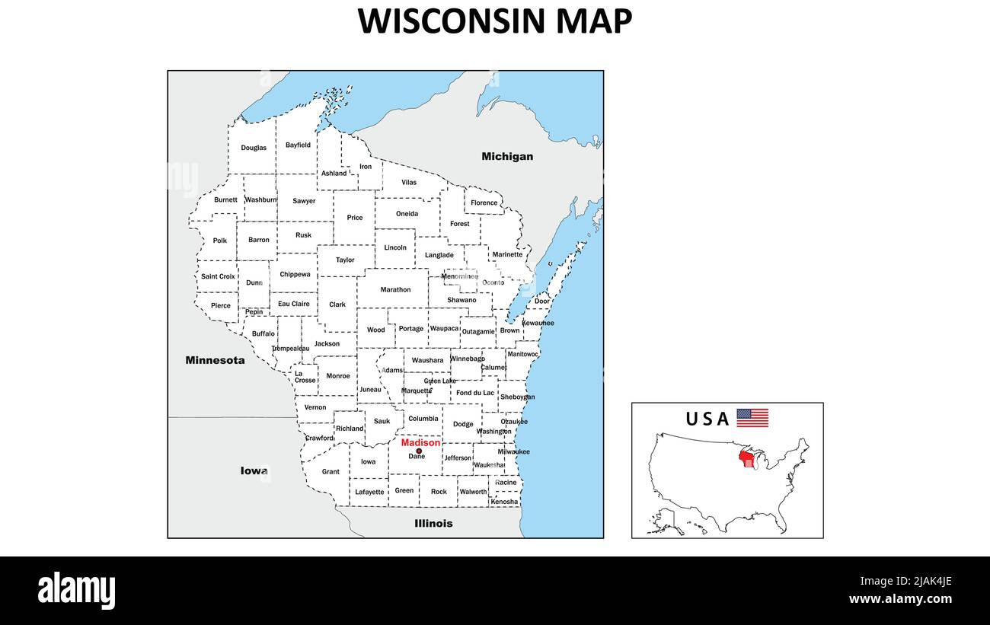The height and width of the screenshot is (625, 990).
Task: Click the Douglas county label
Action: [254, 148]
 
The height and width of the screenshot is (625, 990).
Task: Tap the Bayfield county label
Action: [298, 145]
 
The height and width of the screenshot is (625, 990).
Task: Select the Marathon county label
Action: [395, 289]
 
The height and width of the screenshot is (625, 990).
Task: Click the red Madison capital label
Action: [420, 442]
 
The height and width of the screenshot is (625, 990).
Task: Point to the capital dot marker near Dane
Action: [419, 451]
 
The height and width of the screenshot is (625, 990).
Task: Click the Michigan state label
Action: [507, 156]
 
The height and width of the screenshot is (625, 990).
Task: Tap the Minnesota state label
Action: [215, 360]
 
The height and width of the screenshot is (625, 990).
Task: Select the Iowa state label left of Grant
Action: [254, 470]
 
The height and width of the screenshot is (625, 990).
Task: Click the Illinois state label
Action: [433, 523]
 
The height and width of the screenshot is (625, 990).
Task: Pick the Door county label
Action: [541, 301]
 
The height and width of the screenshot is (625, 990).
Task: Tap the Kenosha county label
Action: [504, 502]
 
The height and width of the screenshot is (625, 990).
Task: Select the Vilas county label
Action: [409, 183]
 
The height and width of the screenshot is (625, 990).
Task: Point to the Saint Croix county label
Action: [218, 276]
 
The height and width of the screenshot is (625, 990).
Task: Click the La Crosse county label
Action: [305, 377]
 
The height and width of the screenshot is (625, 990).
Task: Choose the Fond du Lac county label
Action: [474, 393]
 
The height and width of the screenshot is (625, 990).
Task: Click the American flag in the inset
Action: [752, 418]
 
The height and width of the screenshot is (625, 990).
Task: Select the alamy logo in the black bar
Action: [76, 591]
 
